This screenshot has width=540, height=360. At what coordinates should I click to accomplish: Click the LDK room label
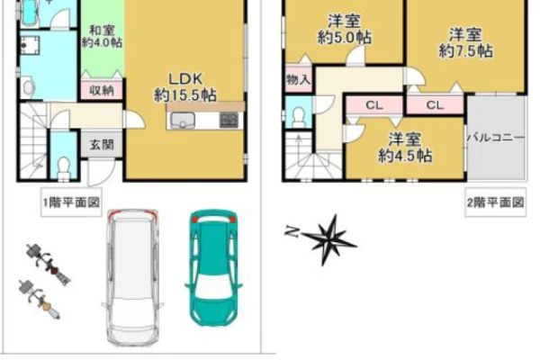[x=185, y=87]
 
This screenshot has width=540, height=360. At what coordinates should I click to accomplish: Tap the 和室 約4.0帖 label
[x=102, y=37]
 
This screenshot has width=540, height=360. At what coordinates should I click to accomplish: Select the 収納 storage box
[x=102, y=90]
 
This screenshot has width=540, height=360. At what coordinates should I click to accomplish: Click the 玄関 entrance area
[x=102, y=144]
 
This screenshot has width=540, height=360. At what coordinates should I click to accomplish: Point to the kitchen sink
[x=183, y=121]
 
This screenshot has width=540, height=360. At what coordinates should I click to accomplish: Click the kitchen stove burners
[x=229, y=121]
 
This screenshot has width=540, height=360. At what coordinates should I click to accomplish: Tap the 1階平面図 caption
[x=71, y=202]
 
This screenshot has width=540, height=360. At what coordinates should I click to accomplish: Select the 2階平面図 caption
[x=496, y=202]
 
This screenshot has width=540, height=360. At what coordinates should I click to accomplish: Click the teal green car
[x=214, y=267]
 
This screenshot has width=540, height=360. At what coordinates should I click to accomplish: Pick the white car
[x=132, y=277]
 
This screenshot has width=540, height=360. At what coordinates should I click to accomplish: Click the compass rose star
[x=329, y=239]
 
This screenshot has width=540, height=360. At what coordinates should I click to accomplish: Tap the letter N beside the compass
[x=292, y=232]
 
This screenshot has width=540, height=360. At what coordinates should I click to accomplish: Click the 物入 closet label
[x=299, y=80]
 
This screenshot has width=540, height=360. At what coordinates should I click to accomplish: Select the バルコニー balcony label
[x=496, y=138]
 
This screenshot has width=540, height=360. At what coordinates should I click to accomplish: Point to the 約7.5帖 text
[x=465, y=51]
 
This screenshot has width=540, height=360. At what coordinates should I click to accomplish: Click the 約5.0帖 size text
[x=345, y=37]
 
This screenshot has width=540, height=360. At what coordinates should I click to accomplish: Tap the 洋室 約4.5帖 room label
[x=405, y=148]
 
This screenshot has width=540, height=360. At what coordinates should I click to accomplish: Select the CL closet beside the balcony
[x=435, y=104]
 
